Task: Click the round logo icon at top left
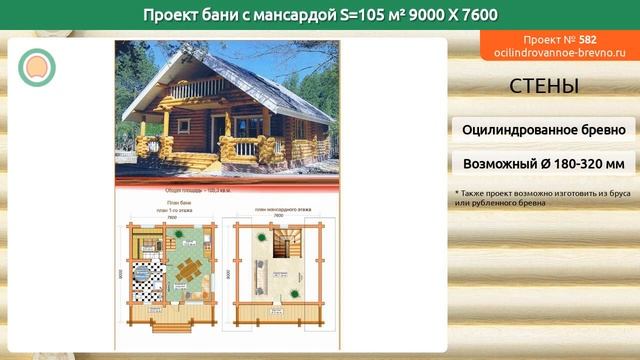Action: click(x=36, y=66)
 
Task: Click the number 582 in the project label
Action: click(x=587, y=38)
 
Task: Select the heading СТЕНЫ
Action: click(x=544, y=86)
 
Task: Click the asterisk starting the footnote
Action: click(x=457, y=192)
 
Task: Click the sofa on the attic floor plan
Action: click(x=259, y=274)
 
